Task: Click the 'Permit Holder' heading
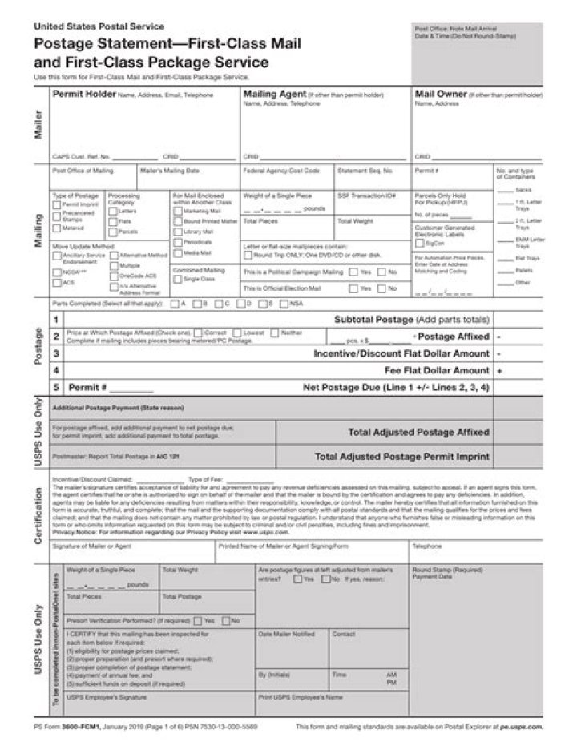pyautogui.click(x=83, y=95)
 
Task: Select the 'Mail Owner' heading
pyautogui.click(x=441, y=95)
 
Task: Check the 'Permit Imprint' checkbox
pyautogui.click(x=57, y=204)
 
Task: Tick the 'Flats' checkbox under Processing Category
pyautogui.click(x=112, y=221)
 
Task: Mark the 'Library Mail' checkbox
pyautogui.click(x=177, y=232)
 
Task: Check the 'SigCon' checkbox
pyautogui.click(x=419, y=243)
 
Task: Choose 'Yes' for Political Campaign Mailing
pyautogui.click(x=353, y=272)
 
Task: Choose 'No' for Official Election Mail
pyautogui.click(x=381, y=288)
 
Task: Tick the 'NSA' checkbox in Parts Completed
pyautogui.click(x=284, y=304)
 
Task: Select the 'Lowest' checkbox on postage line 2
pyautogui.click(x=237, y=332)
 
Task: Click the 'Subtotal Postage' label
pyautogui.click(x=373, y=319)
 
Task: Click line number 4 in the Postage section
pyautogui.click(x=56, y=370)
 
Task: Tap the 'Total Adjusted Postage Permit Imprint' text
pyautogui.click(x=401, y=457)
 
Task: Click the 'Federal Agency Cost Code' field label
pyautogui.click(x=280, y=171)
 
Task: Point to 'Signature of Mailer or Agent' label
pyautogui.click(x=92, y=546)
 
